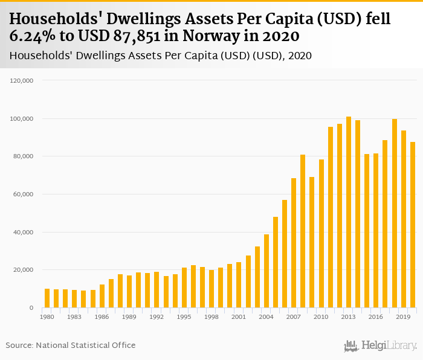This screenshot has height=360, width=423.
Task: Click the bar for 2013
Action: tap(349, 212)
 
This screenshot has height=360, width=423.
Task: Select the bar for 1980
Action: tap(47, 298)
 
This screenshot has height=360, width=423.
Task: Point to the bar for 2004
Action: tap(266, 271)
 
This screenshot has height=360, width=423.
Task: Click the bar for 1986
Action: tap(102, 296)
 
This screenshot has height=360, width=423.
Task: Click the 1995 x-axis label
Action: tap(184, 317)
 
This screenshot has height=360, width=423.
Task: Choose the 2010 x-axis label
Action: tap(321, 317)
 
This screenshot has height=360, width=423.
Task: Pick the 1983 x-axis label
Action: tap(74, 317)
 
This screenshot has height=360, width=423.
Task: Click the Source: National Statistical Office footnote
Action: tap(71, 345)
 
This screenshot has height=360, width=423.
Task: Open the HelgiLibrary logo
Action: tap(381, 346)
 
